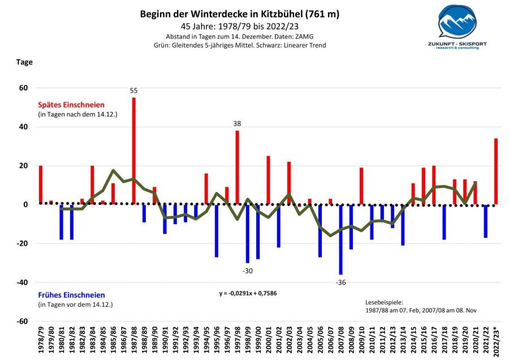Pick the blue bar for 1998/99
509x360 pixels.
pos(248,234)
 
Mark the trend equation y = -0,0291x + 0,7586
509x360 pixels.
pos(252,294)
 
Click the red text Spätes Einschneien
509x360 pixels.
pos(71,105)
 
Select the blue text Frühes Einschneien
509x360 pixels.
pos(71,295)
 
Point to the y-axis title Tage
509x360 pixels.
pos(24,62)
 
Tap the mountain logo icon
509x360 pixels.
pos(458,23)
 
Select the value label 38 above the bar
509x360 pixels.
pos(237,124)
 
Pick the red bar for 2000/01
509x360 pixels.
pos(268,180)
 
